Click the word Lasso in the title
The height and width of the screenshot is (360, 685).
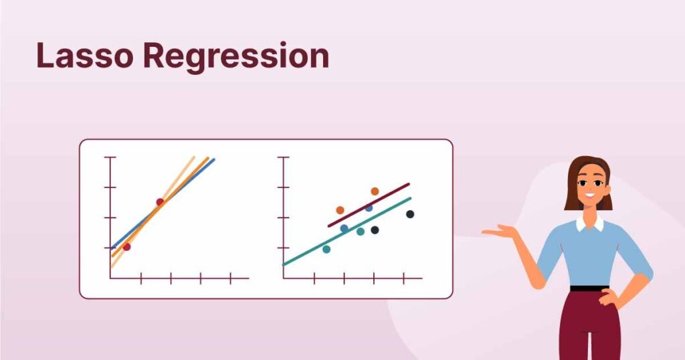85,56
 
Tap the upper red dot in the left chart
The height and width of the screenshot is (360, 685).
161,202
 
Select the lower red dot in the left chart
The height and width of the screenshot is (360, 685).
126,247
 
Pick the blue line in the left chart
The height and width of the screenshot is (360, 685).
163,203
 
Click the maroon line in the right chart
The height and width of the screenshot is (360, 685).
369,205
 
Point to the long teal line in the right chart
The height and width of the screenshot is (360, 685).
347,232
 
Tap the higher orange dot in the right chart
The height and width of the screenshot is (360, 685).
375,191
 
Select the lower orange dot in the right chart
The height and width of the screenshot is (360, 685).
340,210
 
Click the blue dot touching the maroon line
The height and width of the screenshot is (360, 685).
369,208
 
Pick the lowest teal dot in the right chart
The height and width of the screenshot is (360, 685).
326,250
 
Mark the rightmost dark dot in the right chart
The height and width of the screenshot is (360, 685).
410,214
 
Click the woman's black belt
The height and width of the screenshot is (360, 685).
589,288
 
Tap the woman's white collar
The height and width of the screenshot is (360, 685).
589,224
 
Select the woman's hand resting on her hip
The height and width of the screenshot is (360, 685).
609,298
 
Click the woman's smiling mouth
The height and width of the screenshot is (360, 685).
590,195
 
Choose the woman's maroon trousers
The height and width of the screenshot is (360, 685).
590,325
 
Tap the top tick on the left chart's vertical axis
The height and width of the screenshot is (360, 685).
110,157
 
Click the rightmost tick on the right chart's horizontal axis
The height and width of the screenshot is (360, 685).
403,278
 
